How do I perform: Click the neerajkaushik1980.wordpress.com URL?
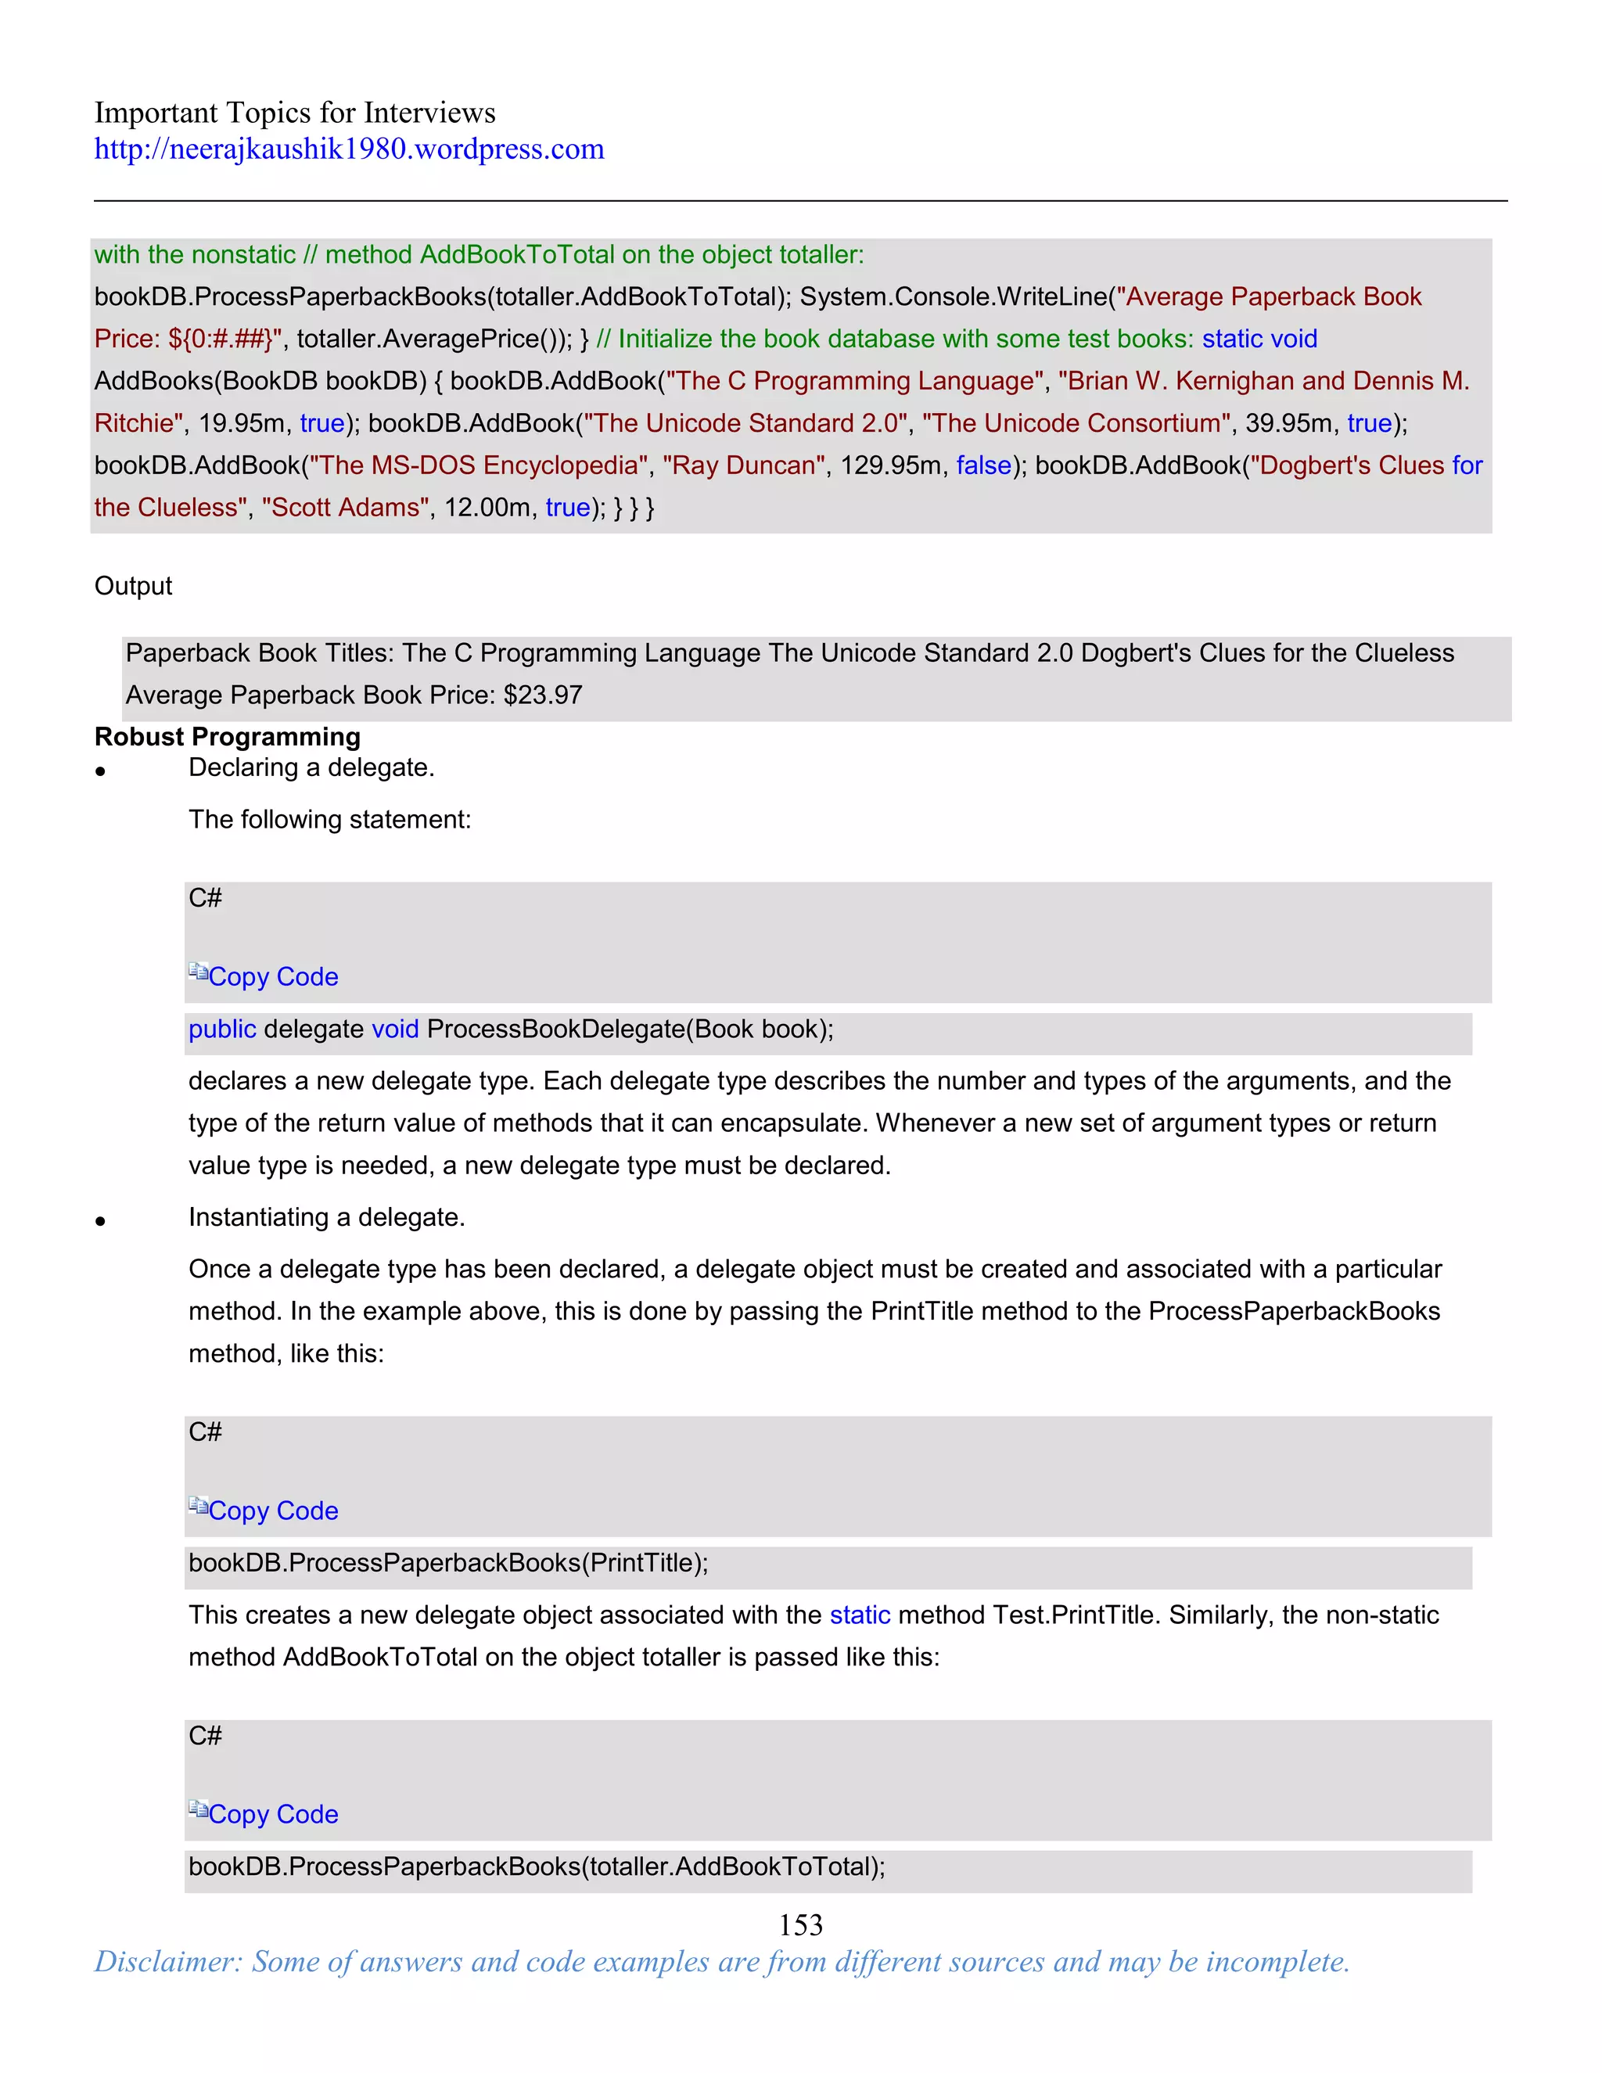[x=348, y=149]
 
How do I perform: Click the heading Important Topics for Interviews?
[x=294, y=113]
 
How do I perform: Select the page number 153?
[x=800, y=1924]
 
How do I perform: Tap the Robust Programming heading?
[x=227, y=737]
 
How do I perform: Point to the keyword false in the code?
[x=983, y=465]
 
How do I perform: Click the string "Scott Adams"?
[x=346, y=507]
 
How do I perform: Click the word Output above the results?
[x=133, y=586]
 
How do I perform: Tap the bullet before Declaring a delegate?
[x=99, y=771]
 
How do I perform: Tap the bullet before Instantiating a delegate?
[x=99, y=1222]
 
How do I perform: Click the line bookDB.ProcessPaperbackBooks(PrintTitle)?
[x=448, y=1562]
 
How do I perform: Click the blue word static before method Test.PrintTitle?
[x=859, y=1615]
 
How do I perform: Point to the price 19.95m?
[x=241, y=423]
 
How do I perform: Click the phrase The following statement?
[x=329, y=819]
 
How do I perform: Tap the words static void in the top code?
[x=1259, y=339]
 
